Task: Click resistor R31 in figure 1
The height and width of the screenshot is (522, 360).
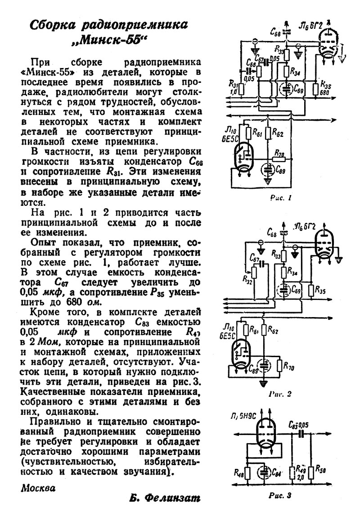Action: coord(242,88)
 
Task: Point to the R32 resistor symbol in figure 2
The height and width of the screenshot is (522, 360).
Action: coord(253,272)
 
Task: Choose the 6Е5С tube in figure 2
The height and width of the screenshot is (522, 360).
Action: coord(241,354)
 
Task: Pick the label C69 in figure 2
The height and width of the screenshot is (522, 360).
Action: coord(296,290)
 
